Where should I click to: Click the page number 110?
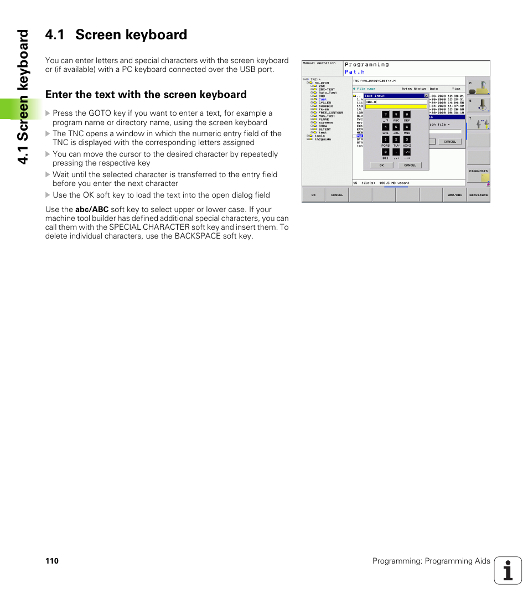pos(51,561)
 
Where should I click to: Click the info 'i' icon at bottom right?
pos(508,570)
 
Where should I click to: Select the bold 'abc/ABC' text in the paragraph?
pos(91,209)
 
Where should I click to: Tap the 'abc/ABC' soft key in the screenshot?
pos(455,195)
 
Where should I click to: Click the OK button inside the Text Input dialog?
pos(381,165)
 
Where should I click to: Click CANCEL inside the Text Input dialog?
pos(410,165)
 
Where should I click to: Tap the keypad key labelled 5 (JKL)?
pos(396,127)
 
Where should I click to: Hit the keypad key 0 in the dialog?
pos(385,152)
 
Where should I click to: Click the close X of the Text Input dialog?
pos(426,96)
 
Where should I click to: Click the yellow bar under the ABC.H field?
pos(396,106)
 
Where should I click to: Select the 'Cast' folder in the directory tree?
pos(323,100)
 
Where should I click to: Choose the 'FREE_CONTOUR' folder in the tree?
pos(330,112)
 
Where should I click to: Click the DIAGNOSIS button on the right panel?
pos(478,171)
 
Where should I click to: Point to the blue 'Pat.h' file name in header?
pos(355,72)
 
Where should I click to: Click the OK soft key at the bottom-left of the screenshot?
pos(313,195)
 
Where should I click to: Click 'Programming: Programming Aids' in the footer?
pos(431,561)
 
